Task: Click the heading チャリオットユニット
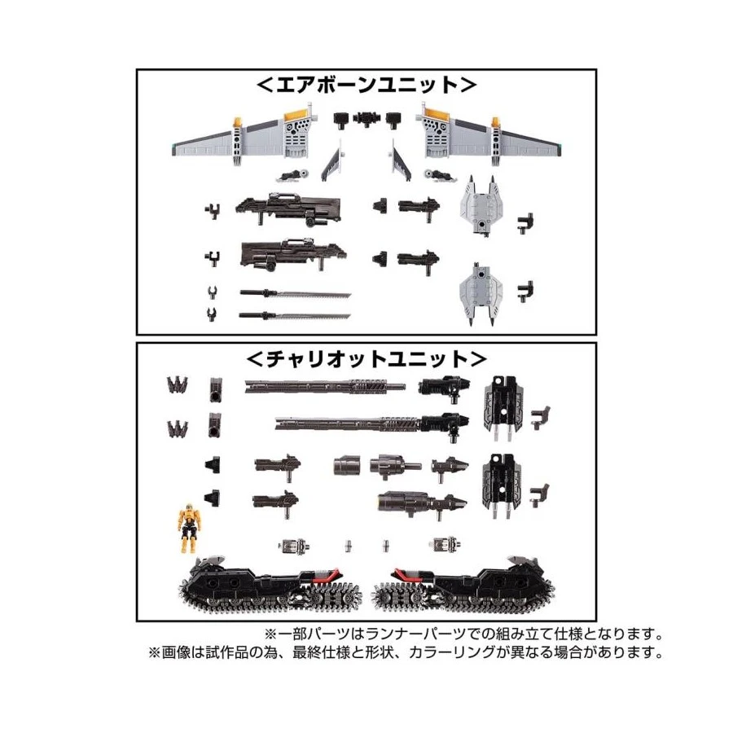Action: [x=366, y=358]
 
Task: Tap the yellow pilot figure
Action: [x=189, y=525]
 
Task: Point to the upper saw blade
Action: [x=295, y=292]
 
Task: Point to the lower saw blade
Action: [x=295, y=314]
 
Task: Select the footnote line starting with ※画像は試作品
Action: [x=405, y=652]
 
